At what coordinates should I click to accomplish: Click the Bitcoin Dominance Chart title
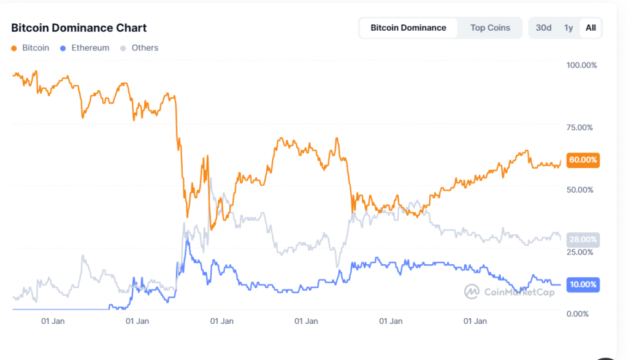pyautogui.click(x=79, y=28)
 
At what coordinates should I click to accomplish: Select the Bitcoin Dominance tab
pyautogui.click(x=408, y=28)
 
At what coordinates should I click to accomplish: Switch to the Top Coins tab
pyautogui.click(x=490, y=28)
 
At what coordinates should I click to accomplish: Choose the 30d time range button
pyautogui.click(x=543, y=28)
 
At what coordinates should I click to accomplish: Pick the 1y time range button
pyautogui.click(x=569, y=28)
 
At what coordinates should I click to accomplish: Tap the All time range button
pyautogui.click(x=591, y=28)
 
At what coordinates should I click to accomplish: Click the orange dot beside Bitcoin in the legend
pyautogui.click(x=14, y=48)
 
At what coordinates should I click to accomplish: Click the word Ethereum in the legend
pyautogui.click(x=90, y=48)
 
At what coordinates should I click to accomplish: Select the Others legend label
pyautogui.click(x=145, y=48)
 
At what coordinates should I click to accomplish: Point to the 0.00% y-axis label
pyautogui.click(x=580, y=314)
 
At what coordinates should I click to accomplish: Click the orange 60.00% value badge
pyautogui.click(x=583, y=160)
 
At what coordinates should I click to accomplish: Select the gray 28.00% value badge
pyautogui.click(x=583, y=240)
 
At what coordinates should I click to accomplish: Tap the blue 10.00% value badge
pyautogui.click(x=583, y=285)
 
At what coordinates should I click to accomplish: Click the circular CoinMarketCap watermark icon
pyautogui.click(x=472, y=292)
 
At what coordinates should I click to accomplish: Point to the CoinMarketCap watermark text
pyautogui.click(x=519, y=293)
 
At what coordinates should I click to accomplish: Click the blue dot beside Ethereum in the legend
pyautogui.click(x=63, y=48)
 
